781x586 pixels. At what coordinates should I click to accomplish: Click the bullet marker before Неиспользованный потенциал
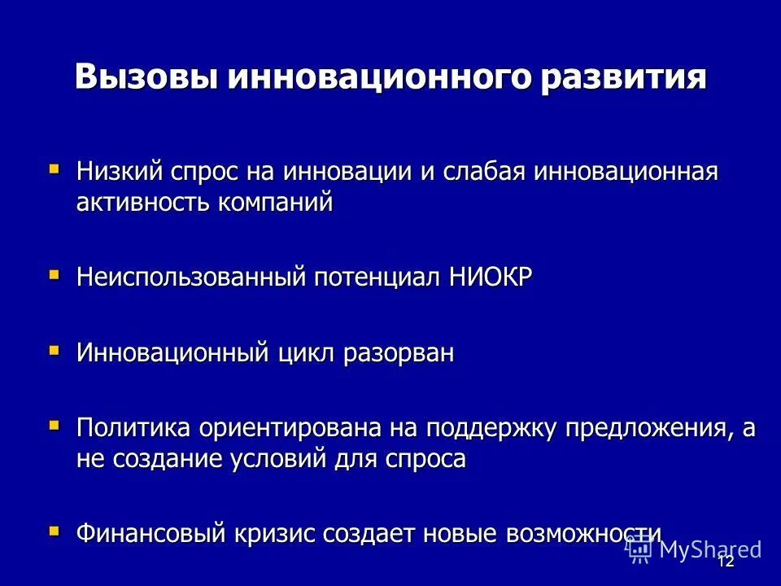pyautogui.click(x=54, y=276)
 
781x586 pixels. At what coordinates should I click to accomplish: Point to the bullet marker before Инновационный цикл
pyautogui.click(x=54, y=352)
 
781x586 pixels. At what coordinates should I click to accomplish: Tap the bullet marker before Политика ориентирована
pyautogui.click(x=54, y=426)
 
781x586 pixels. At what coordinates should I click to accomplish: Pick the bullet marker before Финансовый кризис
pyautogui.click(x=54, y=531)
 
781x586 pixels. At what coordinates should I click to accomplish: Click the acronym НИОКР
pyautogui.click(x=491, y=278)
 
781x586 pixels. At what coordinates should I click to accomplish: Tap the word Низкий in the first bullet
pyautogui.click(x=120, y=172)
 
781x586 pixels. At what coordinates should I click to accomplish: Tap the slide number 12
pyautogui.click(x=726, y=562)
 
